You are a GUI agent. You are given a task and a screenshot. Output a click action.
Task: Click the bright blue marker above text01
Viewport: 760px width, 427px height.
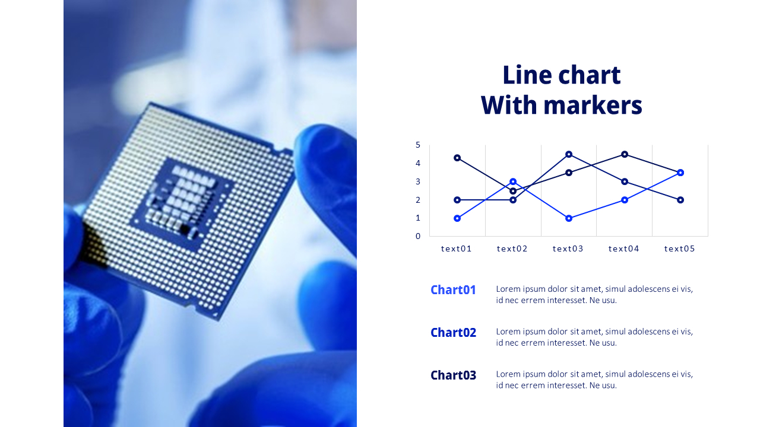tap(457, 218)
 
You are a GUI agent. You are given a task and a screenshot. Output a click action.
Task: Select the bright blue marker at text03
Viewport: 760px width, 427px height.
tap(569, 218)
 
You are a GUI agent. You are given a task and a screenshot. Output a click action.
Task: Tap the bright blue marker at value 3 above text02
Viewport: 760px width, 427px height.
tap(513, 181)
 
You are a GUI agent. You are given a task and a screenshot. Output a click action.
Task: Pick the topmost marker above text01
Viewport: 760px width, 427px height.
tap(457, 158)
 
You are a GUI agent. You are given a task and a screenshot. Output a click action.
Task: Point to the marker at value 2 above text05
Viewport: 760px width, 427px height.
tap(680, 200)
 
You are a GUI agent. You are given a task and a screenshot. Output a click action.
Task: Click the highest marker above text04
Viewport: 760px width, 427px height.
tap(625, 154)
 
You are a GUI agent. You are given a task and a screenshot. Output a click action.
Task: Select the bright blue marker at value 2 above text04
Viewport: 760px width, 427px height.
tap(625, 200)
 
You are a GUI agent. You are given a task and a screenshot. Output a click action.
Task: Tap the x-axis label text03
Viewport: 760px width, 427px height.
tap(568, 248)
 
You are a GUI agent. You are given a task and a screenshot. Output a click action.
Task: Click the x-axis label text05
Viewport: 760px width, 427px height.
tap(680, 248)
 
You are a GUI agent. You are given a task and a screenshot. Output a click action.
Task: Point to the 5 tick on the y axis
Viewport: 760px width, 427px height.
tap(418, 145)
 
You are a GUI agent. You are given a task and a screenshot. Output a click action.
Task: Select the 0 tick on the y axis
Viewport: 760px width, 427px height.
tap(418, 236)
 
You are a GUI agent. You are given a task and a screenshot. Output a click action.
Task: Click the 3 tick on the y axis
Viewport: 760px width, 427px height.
tap(418, 181)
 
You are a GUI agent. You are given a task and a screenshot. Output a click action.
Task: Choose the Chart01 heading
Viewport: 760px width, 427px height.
tap(453, 290)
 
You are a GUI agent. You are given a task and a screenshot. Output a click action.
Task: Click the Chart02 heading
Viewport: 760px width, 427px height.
tap(453, 333)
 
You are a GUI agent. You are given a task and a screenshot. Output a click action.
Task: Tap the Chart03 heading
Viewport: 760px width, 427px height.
tap(453, 375)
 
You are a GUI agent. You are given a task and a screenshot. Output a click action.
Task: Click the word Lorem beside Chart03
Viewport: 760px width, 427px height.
tap(508, 374)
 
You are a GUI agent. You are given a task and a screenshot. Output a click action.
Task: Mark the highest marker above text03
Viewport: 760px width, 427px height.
tap(569, 154)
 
